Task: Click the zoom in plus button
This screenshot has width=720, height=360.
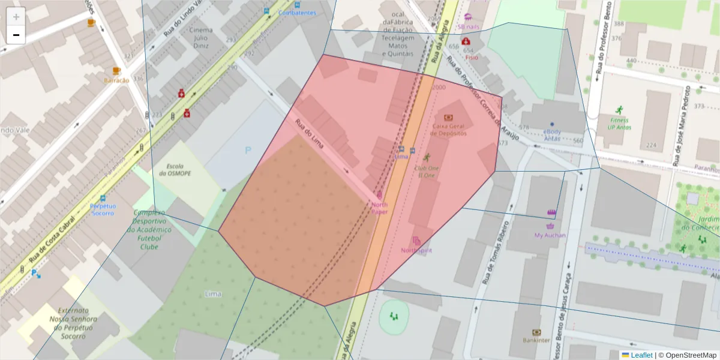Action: point(16,16)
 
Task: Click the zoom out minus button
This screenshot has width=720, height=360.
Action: point(16,35)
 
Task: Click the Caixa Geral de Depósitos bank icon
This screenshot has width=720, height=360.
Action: point(448,118)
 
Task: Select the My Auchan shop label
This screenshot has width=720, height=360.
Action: point(550,235)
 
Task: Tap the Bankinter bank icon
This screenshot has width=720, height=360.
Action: point(536,332)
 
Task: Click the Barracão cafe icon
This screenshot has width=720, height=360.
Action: point(116,71)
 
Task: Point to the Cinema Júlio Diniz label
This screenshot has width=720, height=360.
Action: point(200,37)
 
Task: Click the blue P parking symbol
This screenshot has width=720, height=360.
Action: point(248,151)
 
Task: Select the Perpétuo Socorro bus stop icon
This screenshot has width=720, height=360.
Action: point(103,198)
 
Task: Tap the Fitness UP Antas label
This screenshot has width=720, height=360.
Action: point(619,124)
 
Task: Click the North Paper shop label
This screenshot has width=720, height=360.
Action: point(379,208)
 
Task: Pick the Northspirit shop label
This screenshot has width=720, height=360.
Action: point(416,250)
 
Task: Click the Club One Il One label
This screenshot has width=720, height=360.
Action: point(427,172)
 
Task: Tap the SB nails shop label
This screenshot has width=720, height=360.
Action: point(468,26)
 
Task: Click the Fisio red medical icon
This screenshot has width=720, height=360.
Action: point(466,41)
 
